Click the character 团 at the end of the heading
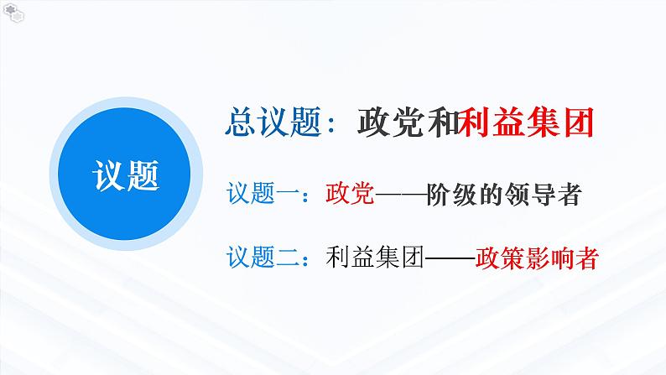(x=578, y=123)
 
